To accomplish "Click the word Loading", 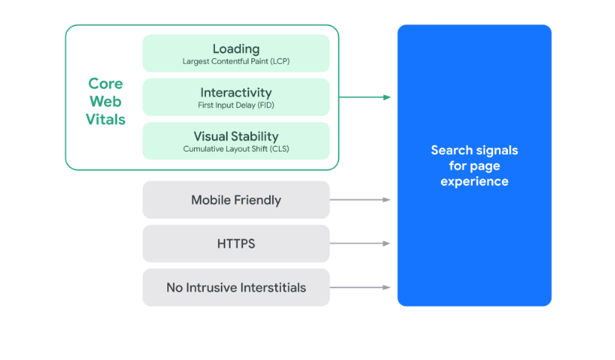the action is [236, 49].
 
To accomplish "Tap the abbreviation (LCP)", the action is [280, 61].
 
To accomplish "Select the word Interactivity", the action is [236, 92].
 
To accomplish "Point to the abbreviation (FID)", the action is [265, 105].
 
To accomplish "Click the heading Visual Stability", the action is [236, 136].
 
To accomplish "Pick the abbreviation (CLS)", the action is [280, 149].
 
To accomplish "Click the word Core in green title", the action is [106, 83].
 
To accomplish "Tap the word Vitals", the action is [106, 119].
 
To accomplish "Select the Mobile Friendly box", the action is [236, 199].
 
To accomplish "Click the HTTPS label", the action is [236, 243].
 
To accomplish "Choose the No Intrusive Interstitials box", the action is [236, 287].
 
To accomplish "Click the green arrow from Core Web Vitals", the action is [365, 97].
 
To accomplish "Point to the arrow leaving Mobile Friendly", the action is [360, 199].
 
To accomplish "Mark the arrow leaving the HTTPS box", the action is [360, 243].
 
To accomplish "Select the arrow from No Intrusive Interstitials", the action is [360, 287].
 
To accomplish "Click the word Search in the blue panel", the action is [452, 150].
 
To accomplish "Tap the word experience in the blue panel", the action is [474, 181].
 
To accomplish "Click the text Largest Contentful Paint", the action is [225, 61].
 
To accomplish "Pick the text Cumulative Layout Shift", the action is [225, 149].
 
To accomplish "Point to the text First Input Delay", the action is [227, 105].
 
